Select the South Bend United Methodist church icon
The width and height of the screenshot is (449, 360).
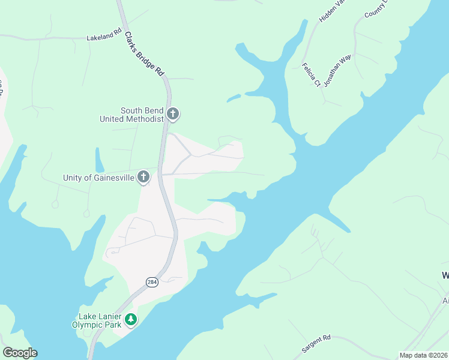click(173, 113)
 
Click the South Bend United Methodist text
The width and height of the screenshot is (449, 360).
click(131, 115)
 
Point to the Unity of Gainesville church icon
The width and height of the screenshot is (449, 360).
click(143, 177)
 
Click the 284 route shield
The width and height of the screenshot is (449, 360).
click(152, 282)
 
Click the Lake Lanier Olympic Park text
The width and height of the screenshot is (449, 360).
click(100, 320)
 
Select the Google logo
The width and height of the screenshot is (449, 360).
click(20, 353)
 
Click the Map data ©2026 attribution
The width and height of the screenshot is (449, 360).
click(423, 355)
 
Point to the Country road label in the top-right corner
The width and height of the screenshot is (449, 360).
click(376, 10)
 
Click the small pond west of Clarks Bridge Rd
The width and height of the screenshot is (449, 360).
click(99, 160)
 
